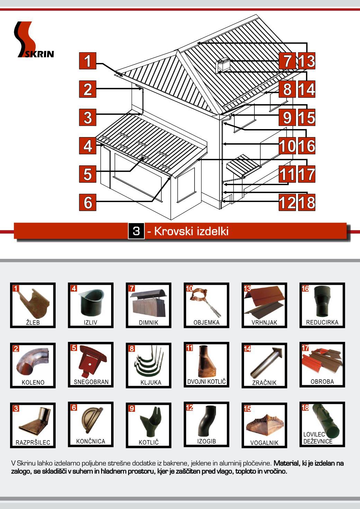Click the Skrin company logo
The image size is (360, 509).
(x=34, y=39)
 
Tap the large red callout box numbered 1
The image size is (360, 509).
(x=88, y=61)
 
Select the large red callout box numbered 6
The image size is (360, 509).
(x=88, y=202)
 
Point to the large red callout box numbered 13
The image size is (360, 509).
(x=307, y=61)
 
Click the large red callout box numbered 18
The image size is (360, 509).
(x=307, y=202)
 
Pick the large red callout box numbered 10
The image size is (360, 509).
(x=287, y=146)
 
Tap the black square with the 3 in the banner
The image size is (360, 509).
(x=136, y=231)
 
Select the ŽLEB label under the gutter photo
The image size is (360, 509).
(x=33, y=322)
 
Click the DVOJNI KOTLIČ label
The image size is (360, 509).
(x=206, y=382)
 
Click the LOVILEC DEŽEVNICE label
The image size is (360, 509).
(x=318, y=438)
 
